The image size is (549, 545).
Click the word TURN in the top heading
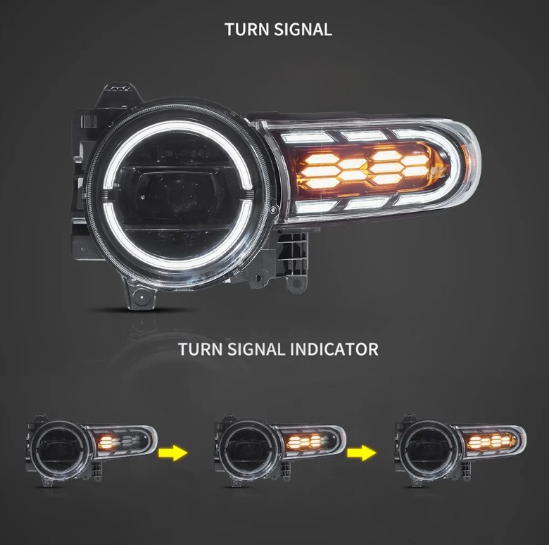247,30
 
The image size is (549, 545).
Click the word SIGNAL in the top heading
303,30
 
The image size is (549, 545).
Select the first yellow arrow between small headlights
173,453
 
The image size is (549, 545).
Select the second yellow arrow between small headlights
362,453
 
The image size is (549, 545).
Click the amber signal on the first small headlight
106,443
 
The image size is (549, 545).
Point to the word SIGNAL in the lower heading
255,349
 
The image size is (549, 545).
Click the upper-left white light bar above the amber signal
308,137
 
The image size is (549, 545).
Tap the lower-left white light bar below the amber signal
313,206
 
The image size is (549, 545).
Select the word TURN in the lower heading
200,349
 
